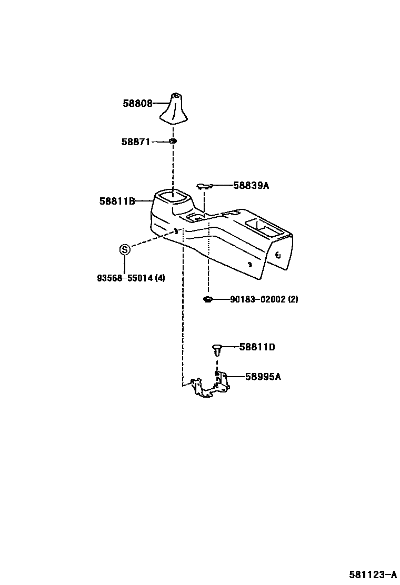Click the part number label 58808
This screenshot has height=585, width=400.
coord(137,104)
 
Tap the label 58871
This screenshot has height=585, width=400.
coord(136,142)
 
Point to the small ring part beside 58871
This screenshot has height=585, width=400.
coord(173,141)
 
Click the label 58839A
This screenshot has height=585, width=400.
coord(251,186)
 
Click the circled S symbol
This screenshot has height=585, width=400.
coord(124,249)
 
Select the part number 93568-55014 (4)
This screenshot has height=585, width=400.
coord(131,278)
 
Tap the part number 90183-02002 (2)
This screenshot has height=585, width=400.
coord(264,299)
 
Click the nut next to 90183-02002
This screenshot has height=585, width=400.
coord(207,300)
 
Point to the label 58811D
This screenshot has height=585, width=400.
coord(257,347)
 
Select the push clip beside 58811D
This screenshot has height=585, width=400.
coord(217,348)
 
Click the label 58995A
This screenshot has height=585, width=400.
coord(263,377)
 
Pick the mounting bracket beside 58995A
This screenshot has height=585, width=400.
coord(211,386)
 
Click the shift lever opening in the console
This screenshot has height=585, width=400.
coord(173,197)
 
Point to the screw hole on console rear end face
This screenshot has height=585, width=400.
coord(278,256)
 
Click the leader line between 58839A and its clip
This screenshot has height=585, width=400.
coord(222,185)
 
